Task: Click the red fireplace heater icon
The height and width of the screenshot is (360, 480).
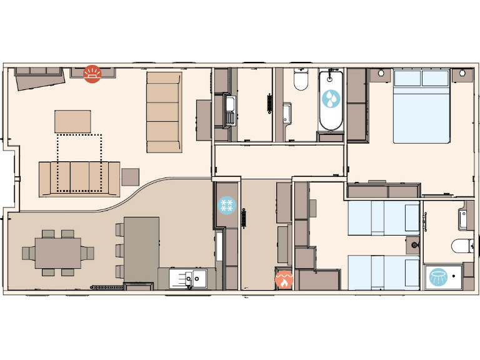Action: tap(92, 74)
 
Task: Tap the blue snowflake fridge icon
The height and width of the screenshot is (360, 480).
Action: tap(226, 205)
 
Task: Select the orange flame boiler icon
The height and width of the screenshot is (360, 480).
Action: tap(284, 279)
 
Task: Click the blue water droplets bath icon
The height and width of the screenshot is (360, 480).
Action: tap(331, 99)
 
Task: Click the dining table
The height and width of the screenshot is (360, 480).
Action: tap(58, 252)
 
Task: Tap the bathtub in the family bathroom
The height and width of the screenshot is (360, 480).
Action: tap(331, 101)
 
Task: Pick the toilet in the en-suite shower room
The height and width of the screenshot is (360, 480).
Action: tap(463, 246)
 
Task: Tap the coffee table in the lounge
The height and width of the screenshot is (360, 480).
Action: tap(72, 121)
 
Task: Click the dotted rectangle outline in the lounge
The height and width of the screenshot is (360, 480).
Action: tap(79, 162)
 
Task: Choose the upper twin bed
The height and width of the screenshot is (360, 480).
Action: tap(383, 217)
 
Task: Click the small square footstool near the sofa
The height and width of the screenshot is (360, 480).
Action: tap(131, 176)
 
